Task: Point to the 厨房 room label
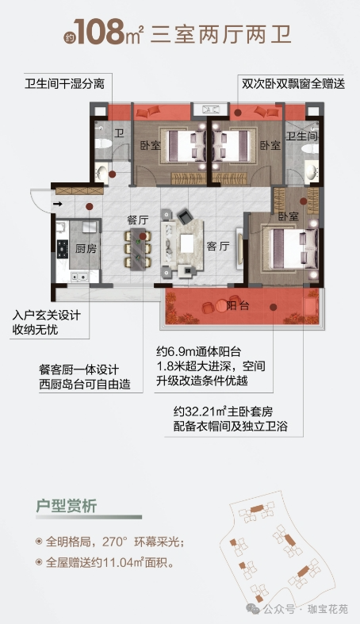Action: [x=85, y=248]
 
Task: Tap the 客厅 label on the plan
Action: [x=217, y=245]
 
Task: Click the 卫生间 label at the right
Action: [x=301, y=136]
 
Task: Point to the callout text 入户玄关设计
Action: [x=47, y=314]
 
